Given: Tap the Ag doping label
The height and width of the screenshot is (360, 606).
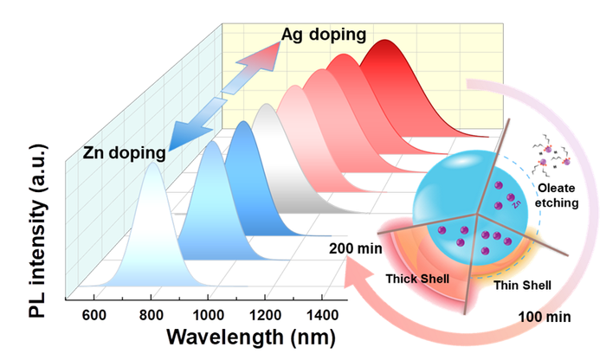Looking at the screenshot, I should click(323, 35).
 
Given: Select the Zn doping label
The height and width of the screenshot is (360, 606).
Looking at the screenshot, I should click(124, 154).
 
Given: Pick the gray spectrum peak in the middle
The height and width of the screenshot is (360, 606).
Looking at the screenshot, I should click(268, 108).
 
